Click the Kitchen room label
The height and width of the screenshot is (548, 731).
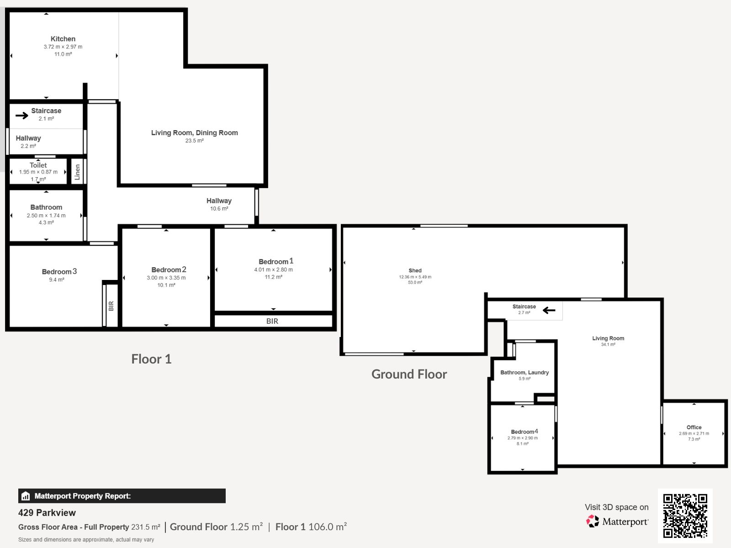click(63, 39)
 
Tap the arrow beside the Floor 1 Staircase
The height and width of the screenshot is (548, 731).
click(22, 116)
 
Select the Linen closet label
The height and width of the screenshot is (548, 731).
click(77, 172)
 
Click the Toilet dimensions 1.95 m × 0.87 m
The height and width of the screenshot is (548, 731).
click(38, 172)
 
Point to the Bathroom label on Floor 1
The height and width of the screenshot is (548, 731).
click(46, 207)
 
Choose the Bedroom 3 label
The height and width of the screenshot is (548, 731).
click(59, 272)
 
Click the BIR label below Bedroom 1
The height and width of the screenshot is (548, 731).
click(272, 321)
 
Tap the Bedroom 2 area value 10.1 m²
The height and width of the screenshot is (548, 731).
click(166, 285)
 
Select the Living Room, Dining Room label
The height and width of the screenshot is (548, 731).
click(195, 133)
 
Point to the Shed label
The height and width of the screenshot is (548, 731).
click(415, 270)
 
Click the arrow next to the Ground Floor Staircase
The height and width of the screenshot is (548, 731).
click(549, 311)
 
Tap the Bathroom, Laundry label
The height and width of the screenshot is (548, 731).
click(524, 373)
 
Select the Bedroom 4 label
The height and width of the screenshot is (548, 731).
click(524, 432)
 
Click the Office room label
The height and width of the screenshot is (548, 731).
click(694, 427)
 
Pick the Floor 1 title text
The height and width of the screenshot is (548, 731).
click(151, 359)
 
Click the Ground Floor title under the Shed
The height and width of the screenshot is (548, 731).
click(409, 374)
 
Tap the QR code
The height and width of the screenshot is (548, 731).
click(685, 516)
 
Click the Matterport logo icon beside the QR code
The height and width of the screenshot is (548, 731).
click(593, 522)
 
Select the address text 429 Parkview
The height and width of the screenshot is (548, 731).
click(47, 513)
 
